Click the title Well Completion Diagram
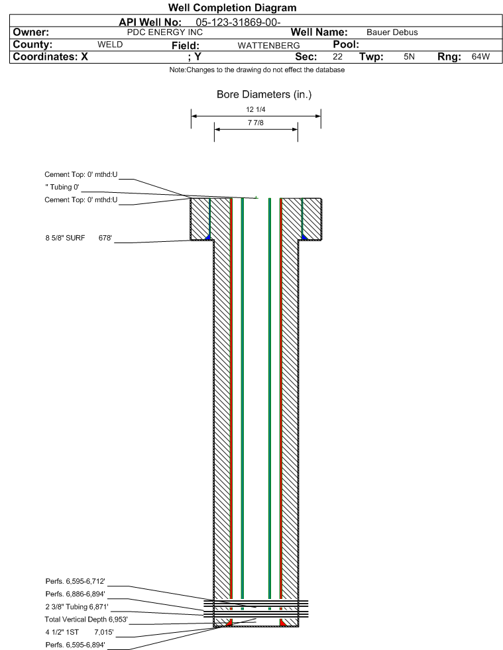point(232,8)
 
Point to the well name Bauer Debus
point(392,32)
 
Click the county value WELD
point(110,45)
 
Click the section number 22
point(337,57)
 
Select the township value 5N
point(409,57)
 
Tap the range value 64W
point(480,57)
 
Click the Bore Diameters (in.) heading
point(264,95)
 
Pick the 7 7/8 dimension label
point(255,123)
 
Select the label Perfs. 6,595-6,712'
point(75,581)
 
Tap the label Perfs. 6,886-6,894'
point(75,594)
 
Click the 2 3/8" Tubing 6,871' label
point(77,606)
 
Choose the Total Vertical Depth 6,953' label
point(85,619)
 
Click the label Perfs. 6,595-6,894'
point(75,644)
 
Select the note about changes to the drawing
point(256,70)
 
